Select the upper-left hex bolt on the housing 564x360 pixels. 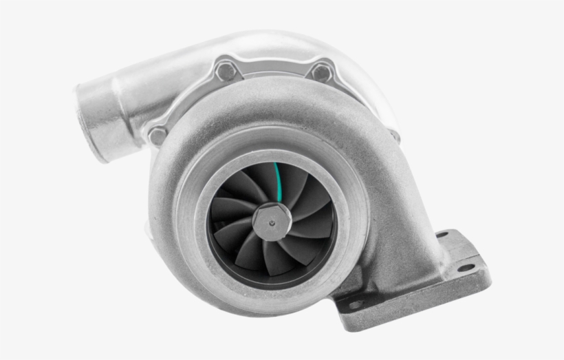tap(225, 70)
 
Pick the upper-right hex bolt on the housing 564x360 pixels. tap(321, 72)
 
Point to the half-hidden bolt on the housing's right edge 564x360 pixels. tap(395, 136)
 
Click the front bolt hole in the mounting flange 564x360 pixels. tap(357, 304)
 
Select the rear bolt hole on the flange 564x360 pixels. tap(442, 235)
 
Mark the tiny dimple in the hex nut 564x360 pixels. tap(273, 222)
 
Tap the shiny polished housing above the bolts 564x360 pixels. tap(275, 45)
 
